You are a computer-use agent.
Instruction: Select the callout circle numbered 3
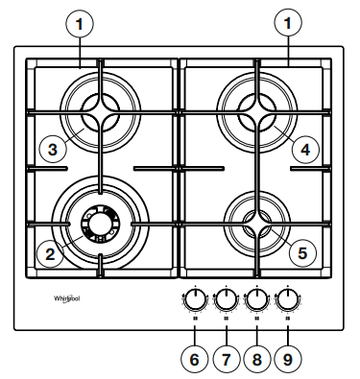54,149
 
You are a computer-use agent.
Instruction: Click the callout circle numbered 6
193,360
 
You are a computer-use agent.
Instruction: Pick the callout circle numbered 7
225,360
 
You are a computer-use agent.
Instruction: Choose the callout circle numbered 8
256,360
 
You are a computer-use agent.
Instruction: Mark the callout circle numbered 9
288,360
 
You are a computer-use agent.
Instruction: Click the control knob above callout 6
194,300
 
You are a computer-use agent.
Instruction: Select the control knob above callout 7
226,300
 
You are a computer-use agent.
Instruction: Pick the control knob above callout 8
256,300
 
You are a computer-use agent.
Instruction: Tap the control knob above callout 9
288,300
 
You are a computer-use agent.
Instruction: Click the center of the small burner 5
256,223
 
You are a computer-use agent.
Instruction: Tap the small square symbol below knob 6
194,320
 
